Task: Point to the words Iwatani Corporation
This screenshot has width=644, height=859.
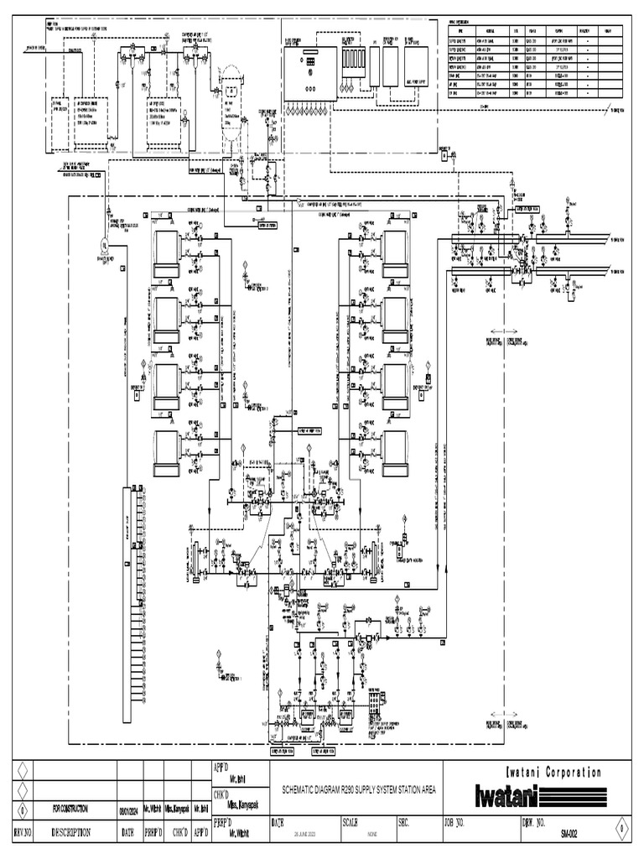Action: click(553, 772)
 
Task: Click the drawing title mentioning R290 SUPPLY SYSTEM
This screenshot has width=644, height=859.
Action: click(353, 789)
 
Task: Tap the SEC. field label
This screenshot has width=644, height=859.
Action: click(405, 823)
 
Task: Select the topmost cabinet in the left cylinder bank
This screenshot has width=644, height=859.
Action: click(166, 248)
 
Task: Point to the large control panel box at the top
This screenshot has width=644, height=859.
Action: click(309, 73)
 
